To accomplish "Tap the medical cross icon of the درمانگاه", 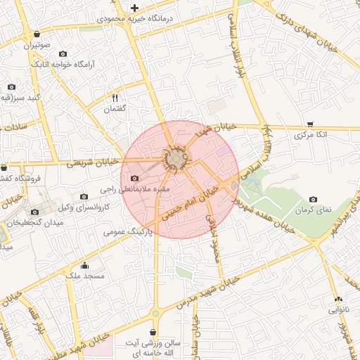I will (x=134, y=8).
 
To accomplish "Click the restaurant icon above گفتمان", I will (x=116, y=98).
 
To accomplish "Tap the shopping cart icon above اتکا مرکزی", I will (x=311, y=122).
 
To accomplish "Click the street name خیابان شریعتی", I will (x=94, y=162).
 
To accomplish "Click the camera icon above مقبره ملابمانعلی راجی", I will (x=135, y=179).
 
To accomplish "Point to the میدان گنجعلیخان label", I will (x=35, y=222).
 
